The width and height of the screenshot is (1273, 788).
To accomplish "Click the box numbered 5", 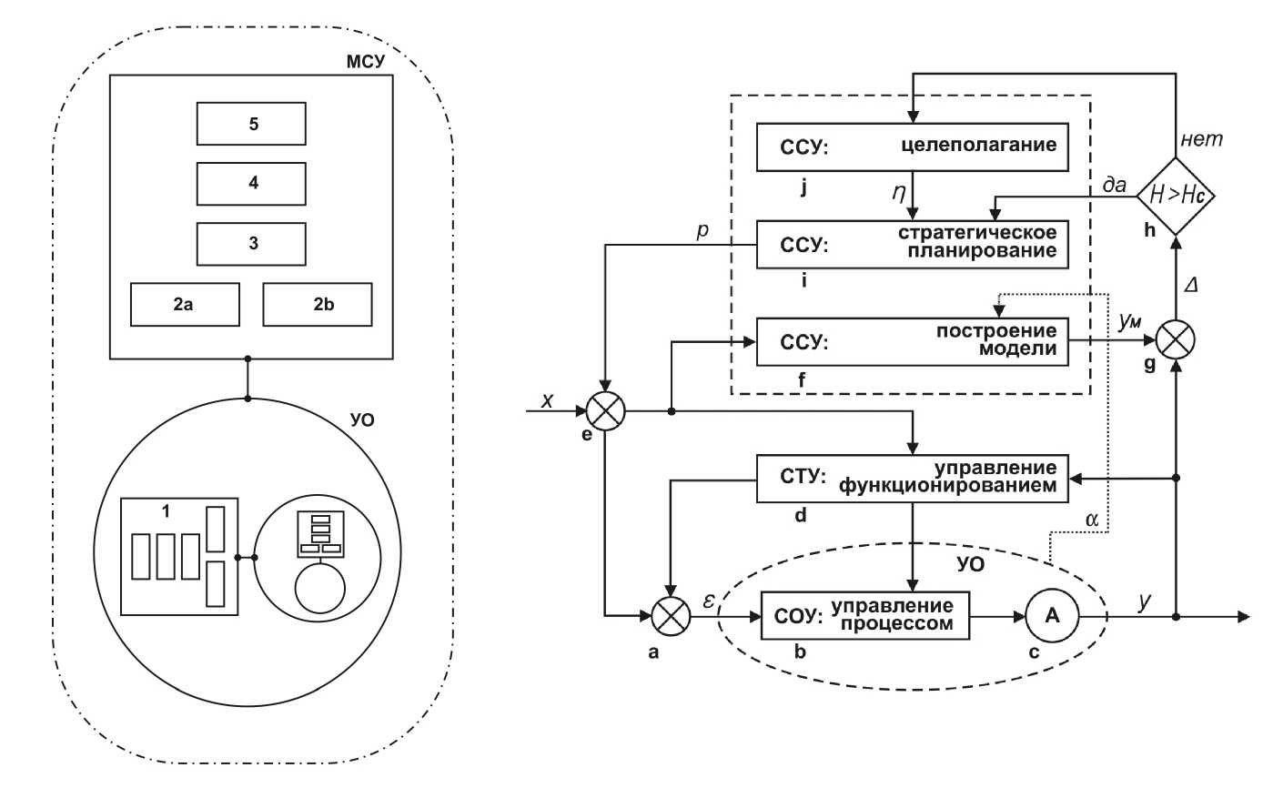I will tap(251, 124).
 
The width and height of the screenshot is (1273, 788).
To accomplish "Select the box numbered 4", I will tap(251, 183).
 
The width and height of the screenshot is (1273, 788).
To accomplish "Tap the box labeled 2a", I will tap(185, 304).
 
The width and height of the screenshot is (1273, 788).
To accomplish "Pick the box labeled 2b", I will tap(318, 304).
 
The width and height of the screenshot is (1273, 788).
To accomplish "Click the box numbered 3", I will tap(251, 242).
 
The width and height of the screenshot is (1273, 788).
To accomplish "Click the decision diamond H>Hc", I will tap(1175, 195).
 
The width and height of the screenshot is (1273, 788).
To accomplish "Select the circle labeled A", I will tap(1051, 616).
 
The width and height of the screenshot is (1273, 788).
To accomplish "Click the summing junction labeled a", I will tap(671, 616).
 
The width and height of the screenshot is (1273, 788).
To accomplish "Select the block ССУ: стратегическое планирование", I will tap(911, 244).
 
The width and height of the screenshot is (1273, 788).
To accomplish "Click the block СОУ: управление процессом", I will tap(864, 616).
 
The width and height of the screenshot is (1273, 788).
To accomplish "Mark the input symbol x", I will tap(548, 401).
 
